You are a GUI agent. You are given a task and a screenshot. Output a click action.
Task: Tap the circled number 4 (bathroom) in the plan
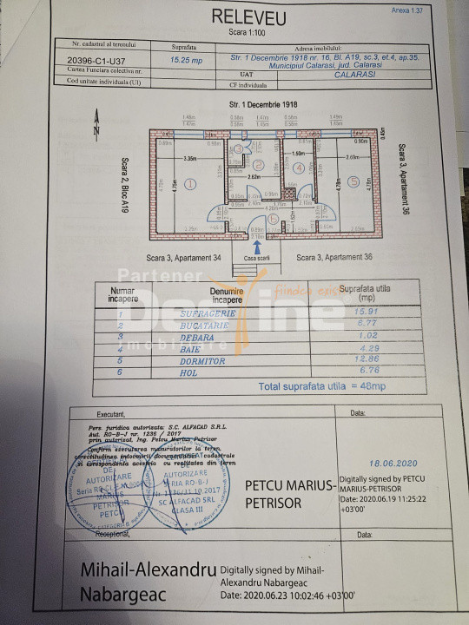coord(299,168)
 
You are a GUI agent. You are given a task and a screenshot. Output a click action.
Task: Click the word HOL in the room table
coord(204,372)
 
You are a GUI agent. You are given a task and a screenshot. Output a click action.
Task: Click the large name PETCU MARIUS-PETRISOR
coord(290,494)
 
